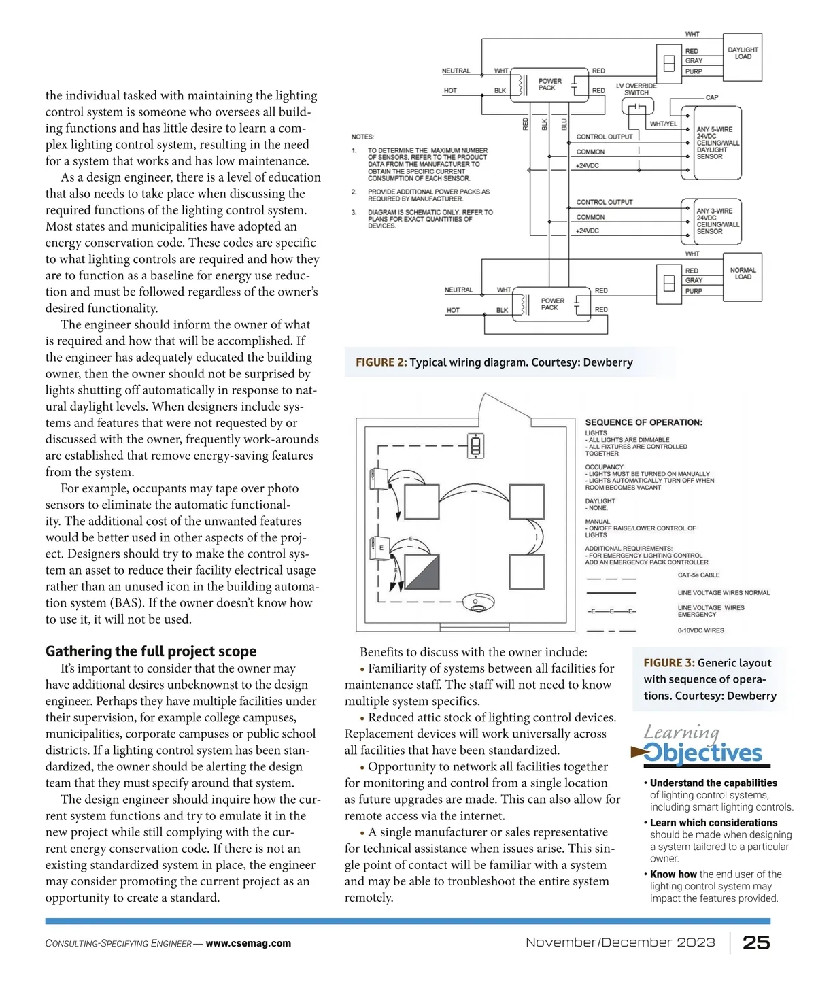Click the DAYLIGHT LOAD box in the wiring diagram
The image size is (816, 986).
coord(742,53)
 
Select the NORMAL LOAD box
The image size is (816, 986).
coord(743,273)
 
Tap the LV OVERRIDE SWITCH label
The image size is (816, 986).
coord(636,89)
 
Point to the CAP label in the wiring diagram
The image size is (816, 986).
coord(711,97)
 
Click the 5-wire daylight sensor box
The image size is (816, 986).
coord(717,143)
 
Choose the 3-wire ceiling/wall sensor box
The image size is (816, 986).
coord(717,221)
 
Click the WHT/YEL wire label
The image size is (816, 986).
coord(663,124)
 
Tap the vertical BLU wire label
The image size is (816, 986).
coord(564,124)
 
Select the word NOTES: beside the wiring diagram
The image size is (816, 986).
coord(362,137)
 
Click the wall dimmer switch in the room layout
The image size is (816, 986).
coord(476,446)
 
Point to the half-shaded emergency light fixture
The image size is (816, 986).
coord(422,570)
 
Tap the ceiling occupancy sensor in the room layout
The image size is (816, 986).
coord(475,602)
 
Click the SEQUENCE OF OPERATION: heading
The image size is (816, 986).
coord(643,422)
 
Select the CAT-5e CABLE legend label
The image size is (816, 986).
coord(698,575)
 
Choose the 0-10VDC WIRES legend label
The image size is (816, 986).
coord(700,630)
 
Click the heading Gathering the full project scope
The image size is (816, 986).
coord(151,651)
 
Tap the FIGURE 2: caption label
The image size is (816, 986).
coord(381,362)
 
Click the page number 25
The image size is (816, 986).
coord(756,942)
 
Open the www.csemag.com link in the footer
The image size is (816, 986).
coord(248,943)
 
